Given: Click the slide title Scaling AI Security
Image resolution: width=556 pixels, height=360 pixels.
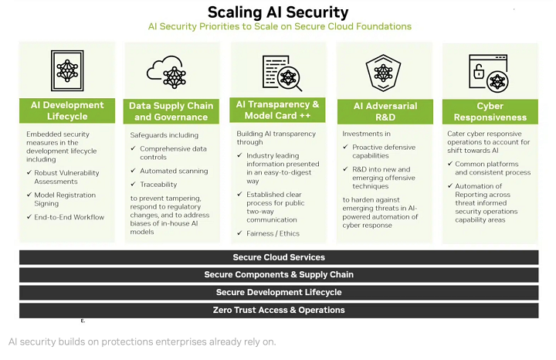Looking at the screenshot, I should (278, 12).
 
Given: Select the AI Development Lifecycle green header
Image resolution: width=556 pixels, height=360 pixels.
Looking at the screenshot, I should (67, 110).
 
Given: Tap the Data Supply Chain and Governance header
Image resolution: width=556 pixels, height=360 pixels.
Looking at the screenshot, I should (171, 111).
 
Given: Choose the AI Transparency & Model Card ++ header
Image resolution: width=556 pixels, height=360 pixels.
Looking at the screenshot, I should (277, 110).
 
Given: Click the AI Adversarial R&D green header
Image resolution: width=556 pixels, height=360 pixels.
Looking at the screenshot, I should (385, 111).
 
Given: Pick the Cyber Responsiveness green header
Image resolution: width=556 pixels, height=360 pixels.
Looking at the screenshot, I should (490, 111).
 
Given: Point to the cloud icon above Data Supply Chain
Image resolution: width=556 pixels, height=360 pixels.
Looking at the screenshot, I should (171, 72).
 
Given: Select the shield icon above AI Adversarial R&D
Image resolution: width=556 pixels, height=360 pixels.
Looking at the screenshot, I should (384, 71).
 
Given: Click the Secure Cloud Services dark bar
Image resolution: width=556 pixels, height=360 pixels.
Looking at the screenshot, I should (279, 257).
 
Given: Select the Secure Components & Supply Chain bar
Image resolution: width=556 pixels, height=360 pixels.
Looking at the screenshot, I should (279, 275).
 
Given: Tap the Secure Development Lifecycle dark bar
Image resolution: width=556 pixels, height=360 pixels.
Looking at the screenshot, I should (279, 293).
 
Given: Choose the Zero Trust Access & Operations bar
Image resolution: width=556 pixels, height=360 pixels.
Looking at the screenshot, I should (279, 311).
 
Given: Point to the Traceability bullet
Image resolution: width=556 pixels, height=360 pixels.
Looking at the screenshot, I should (158, 185).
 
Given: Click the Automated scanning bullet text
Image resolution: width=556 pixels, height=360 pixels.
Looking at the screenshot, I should (174, 171).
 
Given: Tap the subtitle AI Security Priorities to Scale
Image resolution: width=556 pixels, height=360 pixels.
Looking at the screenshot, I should (280, 27).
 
